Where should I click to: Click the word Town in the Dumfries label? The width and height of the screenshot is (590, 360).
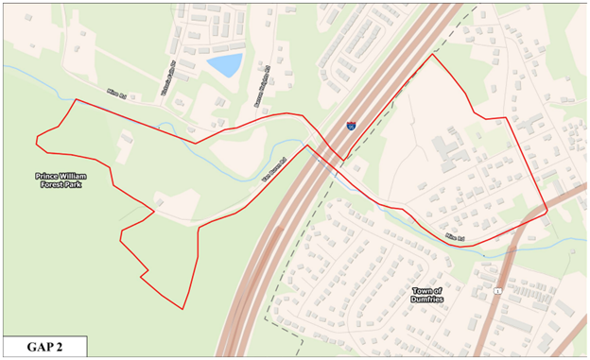[x=423, y=290]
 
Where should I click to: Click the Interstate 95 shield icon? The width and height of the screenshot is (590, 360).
[x=351, y=124]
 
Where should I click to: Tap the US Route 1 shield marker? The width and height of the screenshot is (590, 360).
[x=496, y=289]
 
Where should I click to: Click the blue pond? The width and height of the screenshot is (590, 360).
[x=225, y=65]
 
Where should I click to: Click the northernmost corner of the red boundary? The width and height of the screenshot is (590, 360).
[x=434, y=55]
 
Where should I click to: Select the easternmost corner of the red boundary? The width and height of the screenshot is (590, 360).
[x=547, y=211]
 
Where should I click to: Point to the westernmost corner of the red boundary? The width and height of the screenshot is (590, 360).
[x=36, y=143]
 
